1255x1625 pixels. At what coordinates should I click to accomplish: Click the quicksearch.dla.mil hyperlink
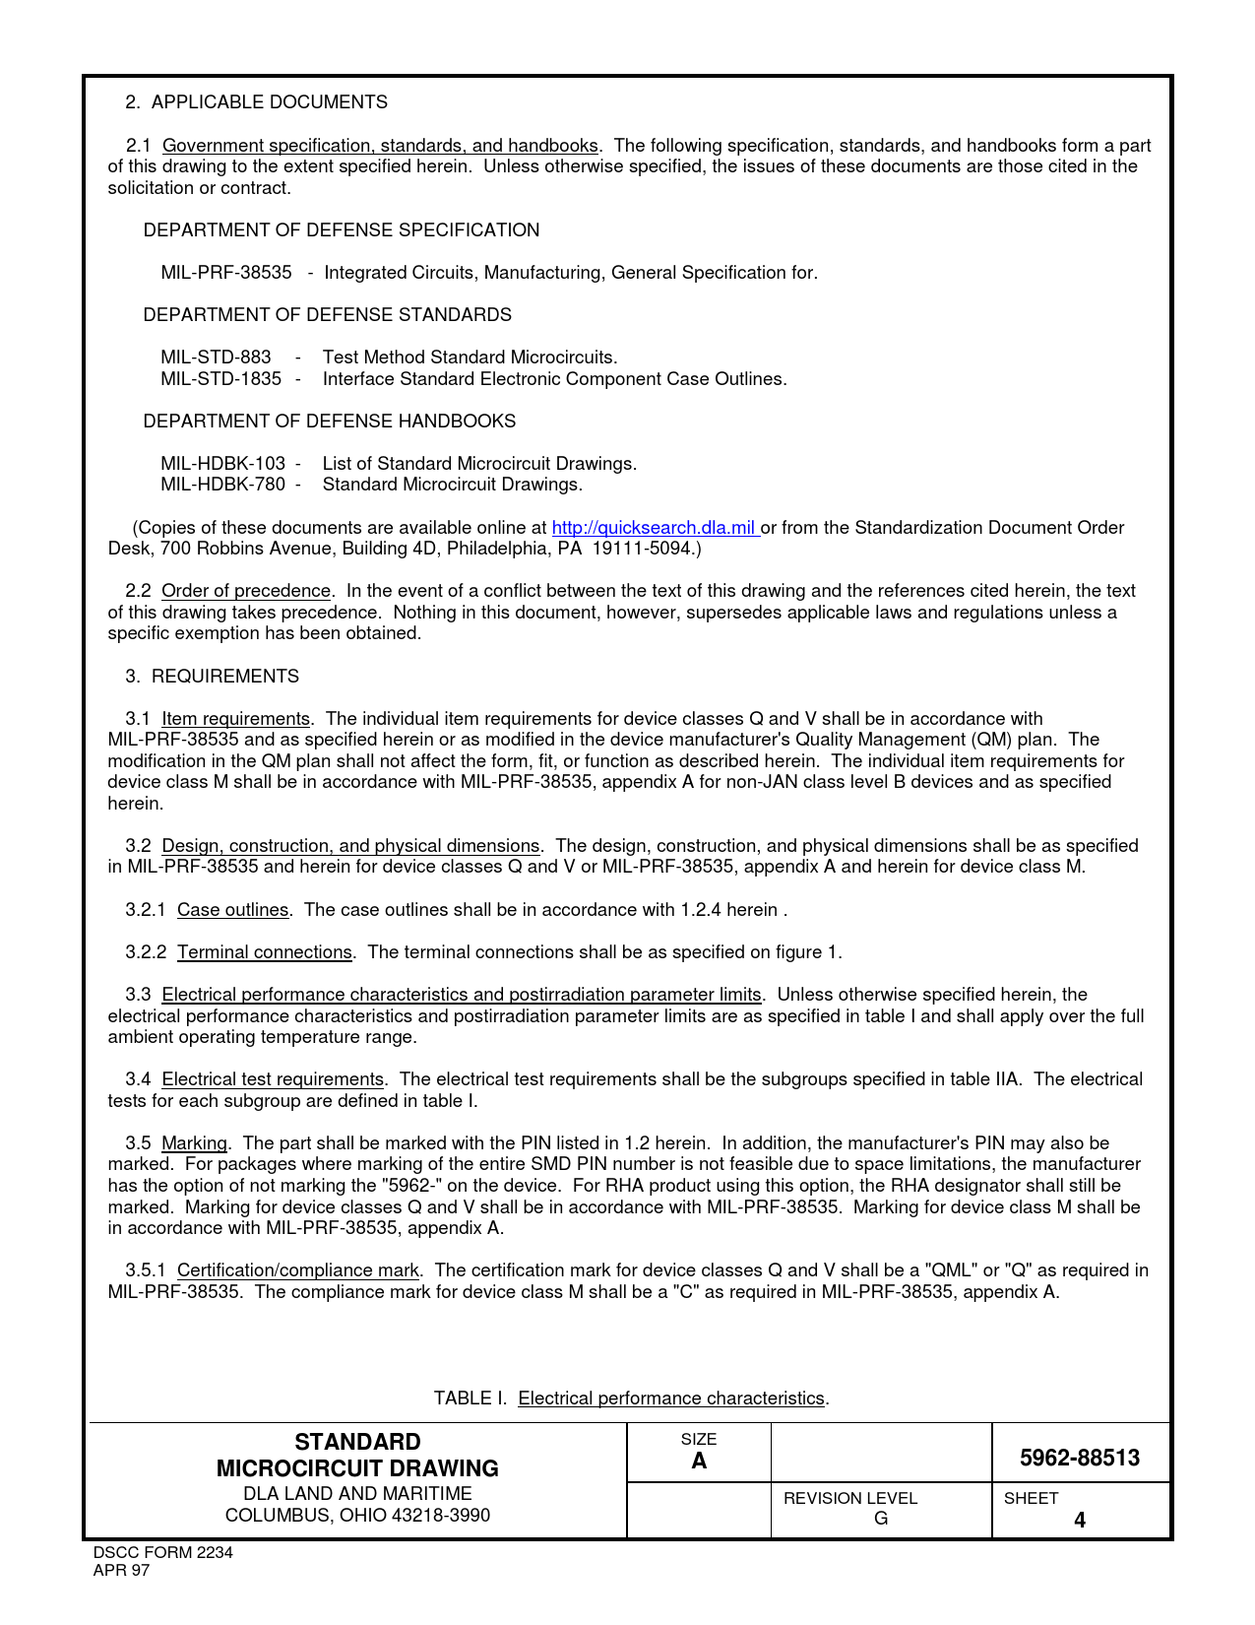(654, 528)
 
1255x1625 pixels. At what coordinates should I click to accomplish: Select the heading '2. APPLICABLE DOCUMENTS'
(256, 102)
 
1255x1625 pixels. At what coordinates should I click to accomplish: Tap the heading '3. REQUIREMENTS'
(213, 677)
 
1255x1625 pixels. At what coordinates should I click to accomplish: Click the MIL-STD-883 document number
(216, 357)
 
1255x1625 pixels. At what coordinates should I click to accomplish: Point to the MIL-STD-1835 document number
(220, 379)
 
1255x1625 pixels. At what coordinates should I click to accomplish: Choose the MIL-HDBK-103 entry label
(223, 464)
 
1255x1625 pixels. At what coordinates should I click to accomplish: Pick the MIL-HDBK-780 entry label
(223, 485)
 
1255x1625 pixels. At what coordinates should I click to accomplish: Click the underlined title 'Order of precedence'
(246, 591)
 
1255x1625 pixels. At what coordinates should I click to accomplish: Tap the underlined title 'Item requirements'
(235, 719)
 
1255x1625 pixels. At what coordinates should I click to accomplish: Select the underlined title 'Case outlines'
(232, 910)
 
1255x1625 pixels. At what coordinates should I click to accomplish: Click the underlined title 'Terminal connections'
(264, 952)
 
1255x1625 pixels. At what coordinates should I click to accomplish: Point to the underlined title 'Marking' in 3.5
(194, 1143)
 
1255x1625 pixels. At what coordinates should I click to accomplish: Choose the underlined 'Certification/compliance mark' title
(297, 1270)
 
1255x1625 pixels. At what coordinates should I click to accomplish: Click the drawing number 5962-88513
(1080, 1459)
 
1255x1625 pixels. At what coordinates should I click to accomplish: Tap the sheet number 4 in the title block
(1080, 1520)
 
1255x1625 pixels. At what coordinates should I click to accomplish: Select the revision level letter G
(881, 1519)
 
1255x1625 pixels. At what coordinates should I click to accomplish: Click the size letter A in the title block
(699, 1461)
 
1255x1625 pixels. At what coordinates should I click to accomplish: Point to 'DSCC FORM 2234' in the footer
(162, 1553)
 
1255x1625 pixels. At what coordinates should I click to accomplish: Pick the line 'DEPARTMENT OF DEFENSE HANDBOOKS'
(329, 422)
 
